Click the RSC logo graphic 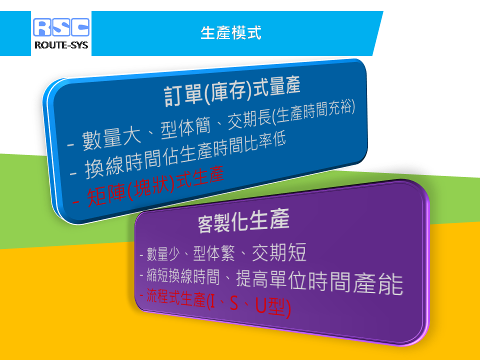tap(61, 27)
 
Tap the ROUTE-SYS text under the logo tap(61, 45)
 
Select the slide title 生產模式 tap(231, 33)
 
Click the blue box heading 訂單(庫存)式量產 tap(232, 91)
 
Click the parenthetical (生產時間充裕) tap(313, 111)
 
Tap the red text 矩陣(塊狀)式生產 tap(155, 186)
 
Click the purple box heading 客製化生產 tap(243, 220)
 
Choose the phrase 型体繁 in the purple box tap(214, 253)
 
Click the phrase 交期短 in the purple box tap(279, 252)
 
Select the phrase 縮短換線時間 tap(183, 276)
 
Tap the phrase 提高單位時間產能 tap(319, 282)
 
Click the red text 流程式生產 tap(175, 297)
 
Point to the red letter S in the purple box tap(234, 303)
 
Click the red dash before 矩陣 tap(75, 202)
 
